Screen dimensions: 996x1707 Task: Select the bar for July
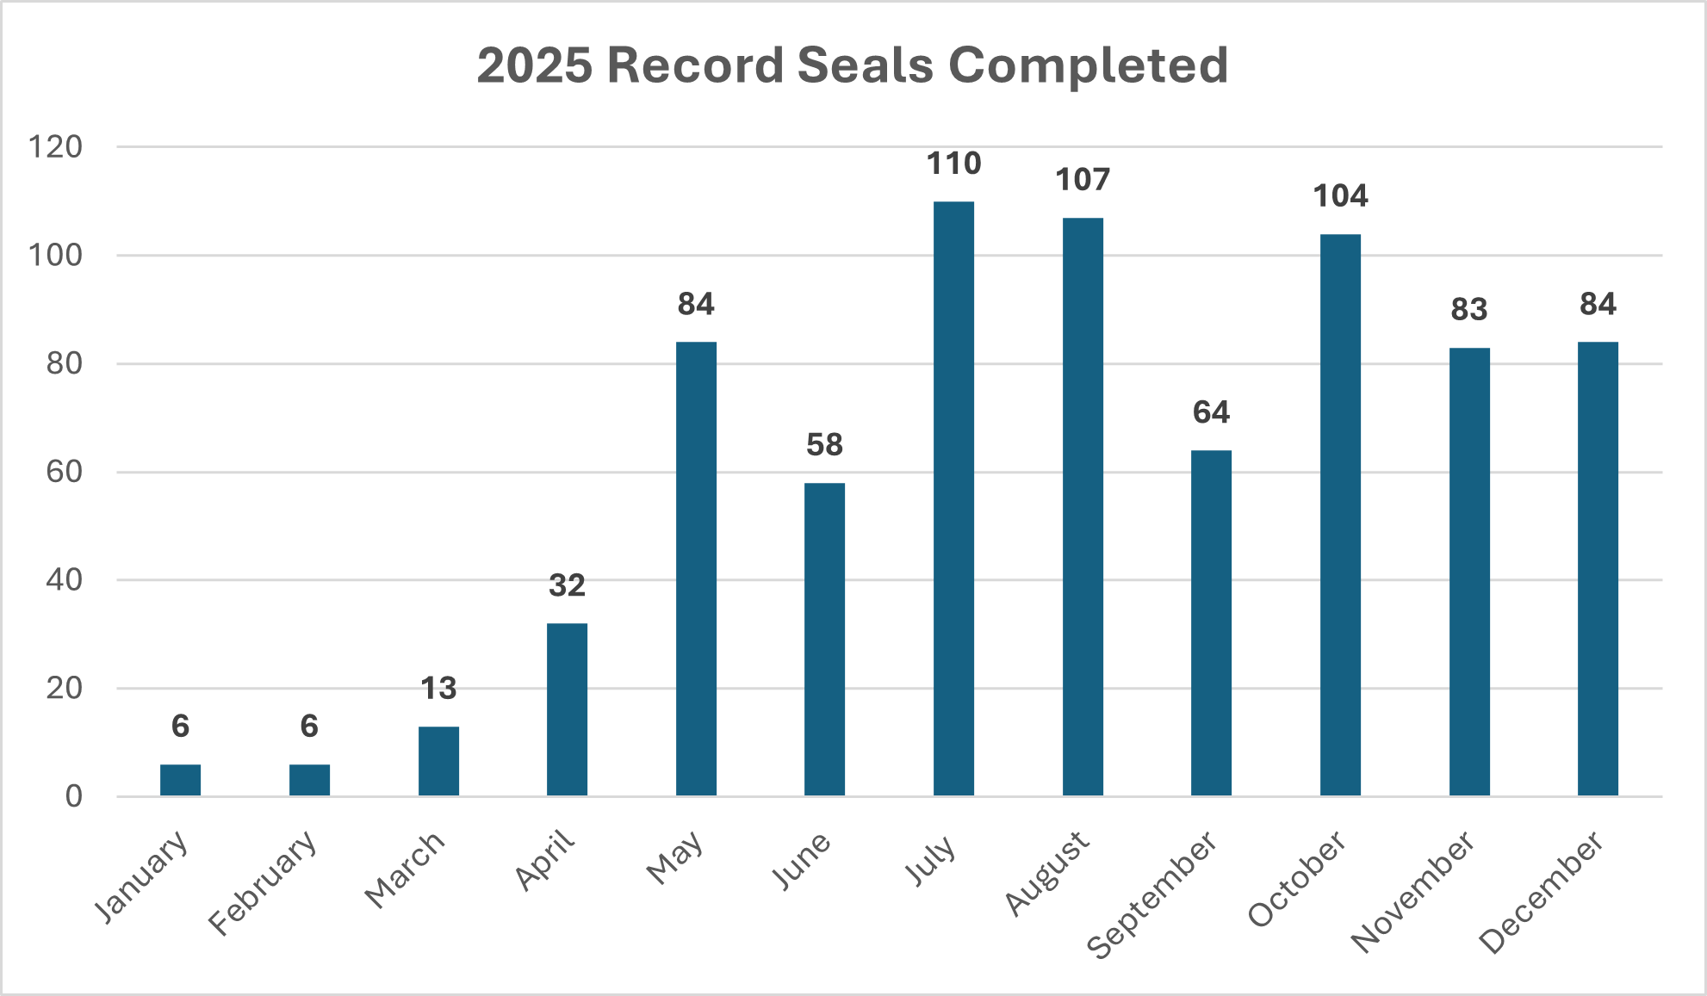[x=953, y=499]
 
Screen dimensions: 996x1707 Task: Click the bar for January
[x=180, y=780]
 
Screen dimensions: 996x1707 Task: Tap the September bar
[x=1211, y=623]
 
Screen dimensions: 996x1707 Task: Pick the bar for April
[x=567, y=709]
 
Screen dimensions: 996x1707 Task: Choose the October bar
[x=1340, y=515]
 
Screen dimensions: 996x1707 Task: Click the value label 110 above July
[x=953, y=164]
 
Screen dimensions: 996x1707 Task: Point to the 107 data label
[x=1083, y=180]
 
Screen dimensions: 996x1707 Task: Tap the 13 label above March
[x=438, y=689]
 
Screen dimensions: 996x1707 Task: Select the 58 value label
[x=824, y=445]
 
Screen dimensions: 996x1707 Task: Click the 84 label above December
[x=1598, y=305]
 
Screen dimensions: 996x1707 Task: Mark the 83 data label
[x=1469, y=310]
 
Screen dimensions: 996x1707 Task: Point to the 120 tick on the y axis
[x=56, y=147]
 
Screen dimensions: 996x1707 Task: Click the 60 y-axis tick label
[x=65, y=472]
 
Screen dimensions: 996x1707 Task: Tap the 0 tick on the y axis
[x=74, y=796]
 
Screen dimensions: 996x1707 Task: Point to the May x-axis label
[x=676, y=858]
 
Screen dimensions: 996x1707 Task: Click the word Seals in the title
[x=865, y=65]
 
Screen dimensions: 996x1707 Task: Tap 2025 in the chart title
[x=534, y=65]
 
